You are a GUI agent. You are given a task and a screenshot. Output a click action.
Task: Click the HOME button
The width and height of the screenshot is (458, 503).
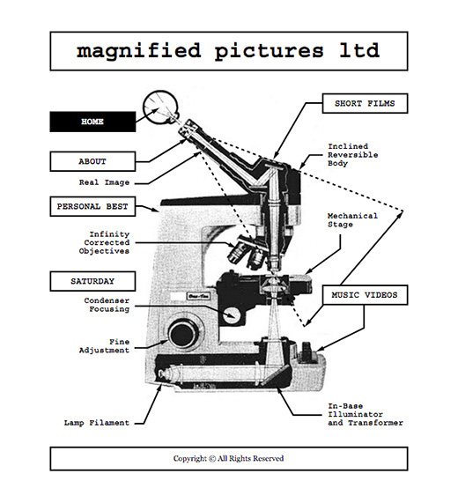[92, 122]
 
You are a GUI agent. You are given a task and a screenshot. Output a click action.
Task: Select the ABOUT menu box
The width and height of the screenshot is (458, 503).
[92, 161]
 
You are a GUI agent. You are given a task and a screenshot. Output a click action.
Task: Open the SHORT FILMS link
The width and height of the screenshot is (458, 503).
[365, 103]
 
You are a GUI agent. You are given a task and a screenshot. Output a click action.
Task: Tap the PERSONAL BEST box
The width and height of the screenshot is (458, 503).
[92, 206]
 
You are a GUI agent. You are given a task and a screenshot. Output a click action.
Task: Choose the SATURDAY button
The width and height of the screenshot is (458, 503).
[92, 281]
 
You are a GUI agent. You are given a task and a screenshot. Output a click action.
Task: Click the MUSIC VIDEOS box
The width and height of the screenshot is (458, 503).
[365, 295]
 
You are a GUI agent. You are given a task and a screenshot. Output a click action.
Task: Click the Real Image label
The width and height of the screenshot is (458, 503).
[104, 182]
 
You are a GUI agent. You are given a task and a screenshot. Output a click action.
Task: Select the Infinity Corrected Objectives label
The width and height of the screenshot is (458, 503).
[104, 242]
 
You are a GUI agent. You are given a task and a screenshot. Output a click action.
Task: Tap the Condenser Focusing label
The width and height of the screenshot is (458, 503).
[107, 305]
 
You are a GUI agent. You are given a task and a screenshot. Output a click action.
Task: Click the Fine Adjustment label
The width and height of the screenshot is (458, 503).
[104, 346]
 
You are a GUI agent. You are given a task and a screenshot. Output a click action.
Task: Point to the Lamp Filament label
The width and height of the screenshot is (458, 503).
[97, 423]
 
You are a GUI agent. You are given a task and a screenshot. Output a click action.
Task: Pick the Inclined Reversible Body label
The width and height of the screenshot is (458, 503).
[353, 155]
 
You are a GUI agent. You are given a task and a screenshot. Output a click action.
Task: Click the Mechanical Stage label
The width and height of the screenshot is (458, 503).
[352, 220]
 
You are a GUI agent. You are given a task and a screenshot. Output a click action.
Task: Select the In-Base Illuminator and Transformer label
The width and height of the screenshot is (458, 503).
[366, 414]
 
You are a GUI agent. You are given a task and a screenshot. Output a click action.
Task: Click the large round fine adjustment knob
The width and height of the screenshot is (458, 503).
[184, 334]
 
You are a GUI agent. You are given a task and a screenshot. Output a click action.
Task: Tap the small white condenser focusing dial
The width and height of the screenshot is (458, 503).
[232, 316]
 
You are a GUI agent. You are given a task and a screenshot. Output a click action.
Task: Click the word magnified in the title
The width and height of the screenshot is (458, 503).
[138, 51]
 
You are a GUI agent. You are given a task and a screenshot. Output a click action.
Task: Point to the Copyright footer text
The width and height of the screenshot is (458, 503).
[229, 458]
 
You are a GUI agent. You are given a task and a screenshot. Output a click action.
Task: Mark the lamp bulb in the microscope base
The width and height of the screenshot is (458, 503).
[167, 374]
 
